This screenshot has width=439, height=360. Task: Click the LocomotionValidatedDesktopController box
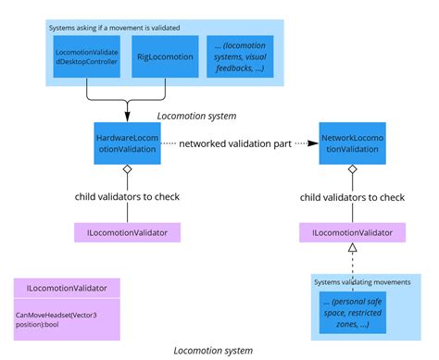pyautogui.click(x=85, y=57)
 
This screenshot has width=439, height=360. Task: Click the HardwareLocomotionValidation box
pyautogui.click(x=127, y=143)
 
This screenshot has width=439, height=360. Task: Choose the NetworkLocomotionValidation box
pyautogui.click(x=353, y=143)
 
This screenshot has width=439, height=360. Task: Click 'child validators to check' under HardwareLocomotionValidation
pyautogui.click(x=127, y=196)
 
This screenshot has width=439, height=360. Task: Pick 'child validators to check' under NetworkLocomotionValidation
pyautogui.click(x=353, y=196)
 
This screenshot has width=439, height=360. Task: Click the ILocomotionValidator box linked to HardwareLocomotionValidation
pyautogui.click(x=127, y=232)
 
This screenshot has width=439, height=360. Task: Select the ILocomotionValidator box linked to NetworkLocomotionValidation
pyautogui.click(x=353, y=232)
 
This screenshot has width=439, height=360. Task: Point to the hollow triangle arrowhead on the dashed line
pyautogui.click(x=353, y=250)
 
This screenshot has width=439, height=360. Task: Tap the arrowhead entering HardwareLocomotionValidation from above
pyautogui.click(x=127, y=116)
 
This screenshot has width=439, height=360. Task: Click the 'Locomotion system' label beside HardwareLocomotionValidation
pyautogui.click(x=196, y=116)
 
